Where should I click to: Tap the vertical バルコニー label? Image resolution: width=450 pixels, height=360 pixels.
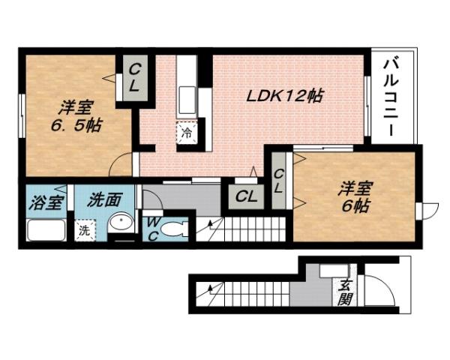click(x=391, y=95)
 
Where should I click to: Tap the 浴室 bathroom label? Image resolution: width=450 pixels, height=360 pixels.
click(x=41, y=202)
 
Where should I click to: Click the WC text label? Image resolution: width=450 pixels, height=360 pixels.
click(x=151, y=228)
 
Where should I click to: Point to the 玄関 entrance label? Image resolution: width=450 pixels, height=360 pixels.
click(x=346, y=292)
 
